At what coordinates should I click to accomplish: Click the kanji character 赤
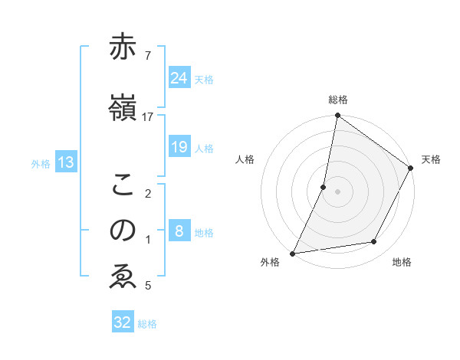tap(123, 47)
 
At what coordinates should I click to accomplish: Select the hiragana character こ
tap(123, 186)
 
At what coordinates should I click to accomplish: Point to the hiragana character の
tap(123, 231)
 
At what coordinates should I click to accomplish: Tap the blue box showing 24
tap(179, 77)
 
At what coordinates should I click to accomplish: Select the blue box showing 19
tap(179, 148)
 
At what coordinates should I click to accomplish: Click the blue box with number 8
tap(179, 231)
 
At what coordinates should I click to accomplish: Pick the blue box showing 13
tap(65, 162)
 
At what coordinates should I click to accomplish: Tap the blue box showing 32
tap(123, 322)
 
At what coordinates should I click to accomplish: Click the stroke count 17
tap(147, 116)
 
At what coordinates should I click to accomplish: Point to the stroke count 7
tap(147, 55)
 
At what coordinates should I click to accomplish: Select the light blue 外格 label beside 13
tap(41, 163)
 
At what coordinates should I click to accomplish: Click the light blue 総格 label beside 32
tap(147, 324)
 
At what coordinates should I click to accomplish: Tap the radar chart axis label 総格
tap(338, 100)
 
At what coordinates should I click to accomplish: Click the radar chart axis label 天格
tap(431, 159)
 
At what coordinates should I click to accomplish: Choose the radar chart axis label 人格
tap(245, 159)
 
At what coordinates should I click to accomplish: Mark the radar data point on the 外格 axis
tap(293, 253)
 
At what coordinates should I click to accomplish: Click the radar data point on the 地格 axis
tap(374, 242)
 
